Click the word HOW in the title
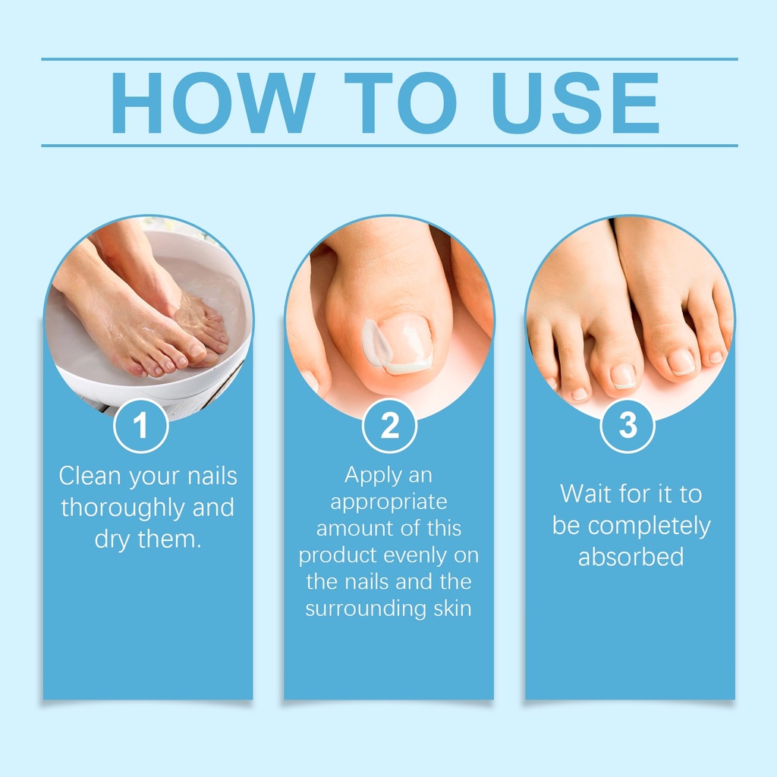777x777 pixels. pyautogui.click(x=213, y=102)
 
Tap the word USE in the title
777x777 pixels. pyautogui.click(x=575, y=103)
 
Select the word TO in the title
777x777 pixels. pyautogui.click(x=401, y=102)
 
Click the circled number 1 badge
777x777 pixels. pyautogui.click(x=140, y=426)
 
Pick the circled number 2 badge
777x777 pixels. pyautogui.click(x=389, y=426)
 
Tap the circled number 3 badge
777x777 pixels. pyautogui.click(x=628, y=426)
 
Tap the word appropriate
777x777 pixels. pyautogui.click(x=389, y=502)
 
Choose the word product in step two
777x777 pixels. pyautogui.click(x=338, y=555)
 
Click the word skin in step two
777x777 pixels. pyautogui.click(x=452, y=608)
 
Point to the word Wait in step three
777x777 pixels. pyautogui.click(x=583, y=493)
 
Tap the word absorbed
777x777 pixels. pyautogui.click(x=631, y=556)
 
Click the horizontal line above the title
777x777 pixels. pyautogui.click(x=389, y=59)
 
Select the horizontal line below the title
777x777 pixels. pyautogui.click(x=389, y=146)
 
